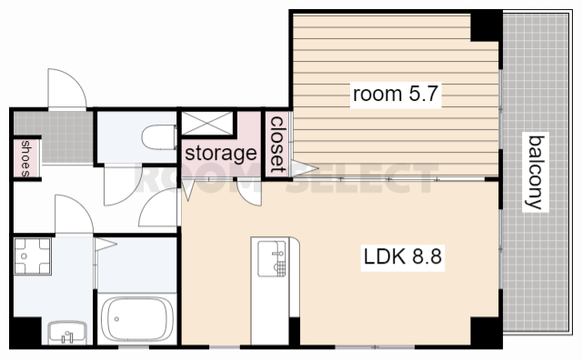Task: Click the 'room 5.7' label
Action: [x=396, y=94]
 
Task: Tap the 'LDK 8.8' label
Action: [x=403, y=256]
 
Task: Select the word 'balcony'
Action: [x=536, y=172]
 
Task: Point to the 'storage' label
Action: [x=220, y=153]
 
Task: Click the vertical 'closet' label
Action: [x=277, y=145]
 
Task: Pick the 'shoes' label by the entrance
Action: [x=25, y=158]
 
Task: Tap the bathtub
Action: [x=137, y=319]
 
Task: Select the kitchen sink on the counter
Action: [x=272, y=259]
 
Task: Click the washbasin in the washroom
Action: [x=67, y=333]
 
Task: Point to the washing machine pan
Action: [x=33, y=256]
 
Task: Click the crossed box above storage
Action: [x=207, y=124]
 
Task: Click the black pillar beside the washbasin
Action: [x=26, y=332]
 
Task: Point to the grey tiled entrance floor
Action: [x=54, y=136]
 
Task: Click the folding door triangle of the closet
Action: [x=303, y=168]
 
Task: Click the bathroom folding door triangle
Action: [x=105, y=245]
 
